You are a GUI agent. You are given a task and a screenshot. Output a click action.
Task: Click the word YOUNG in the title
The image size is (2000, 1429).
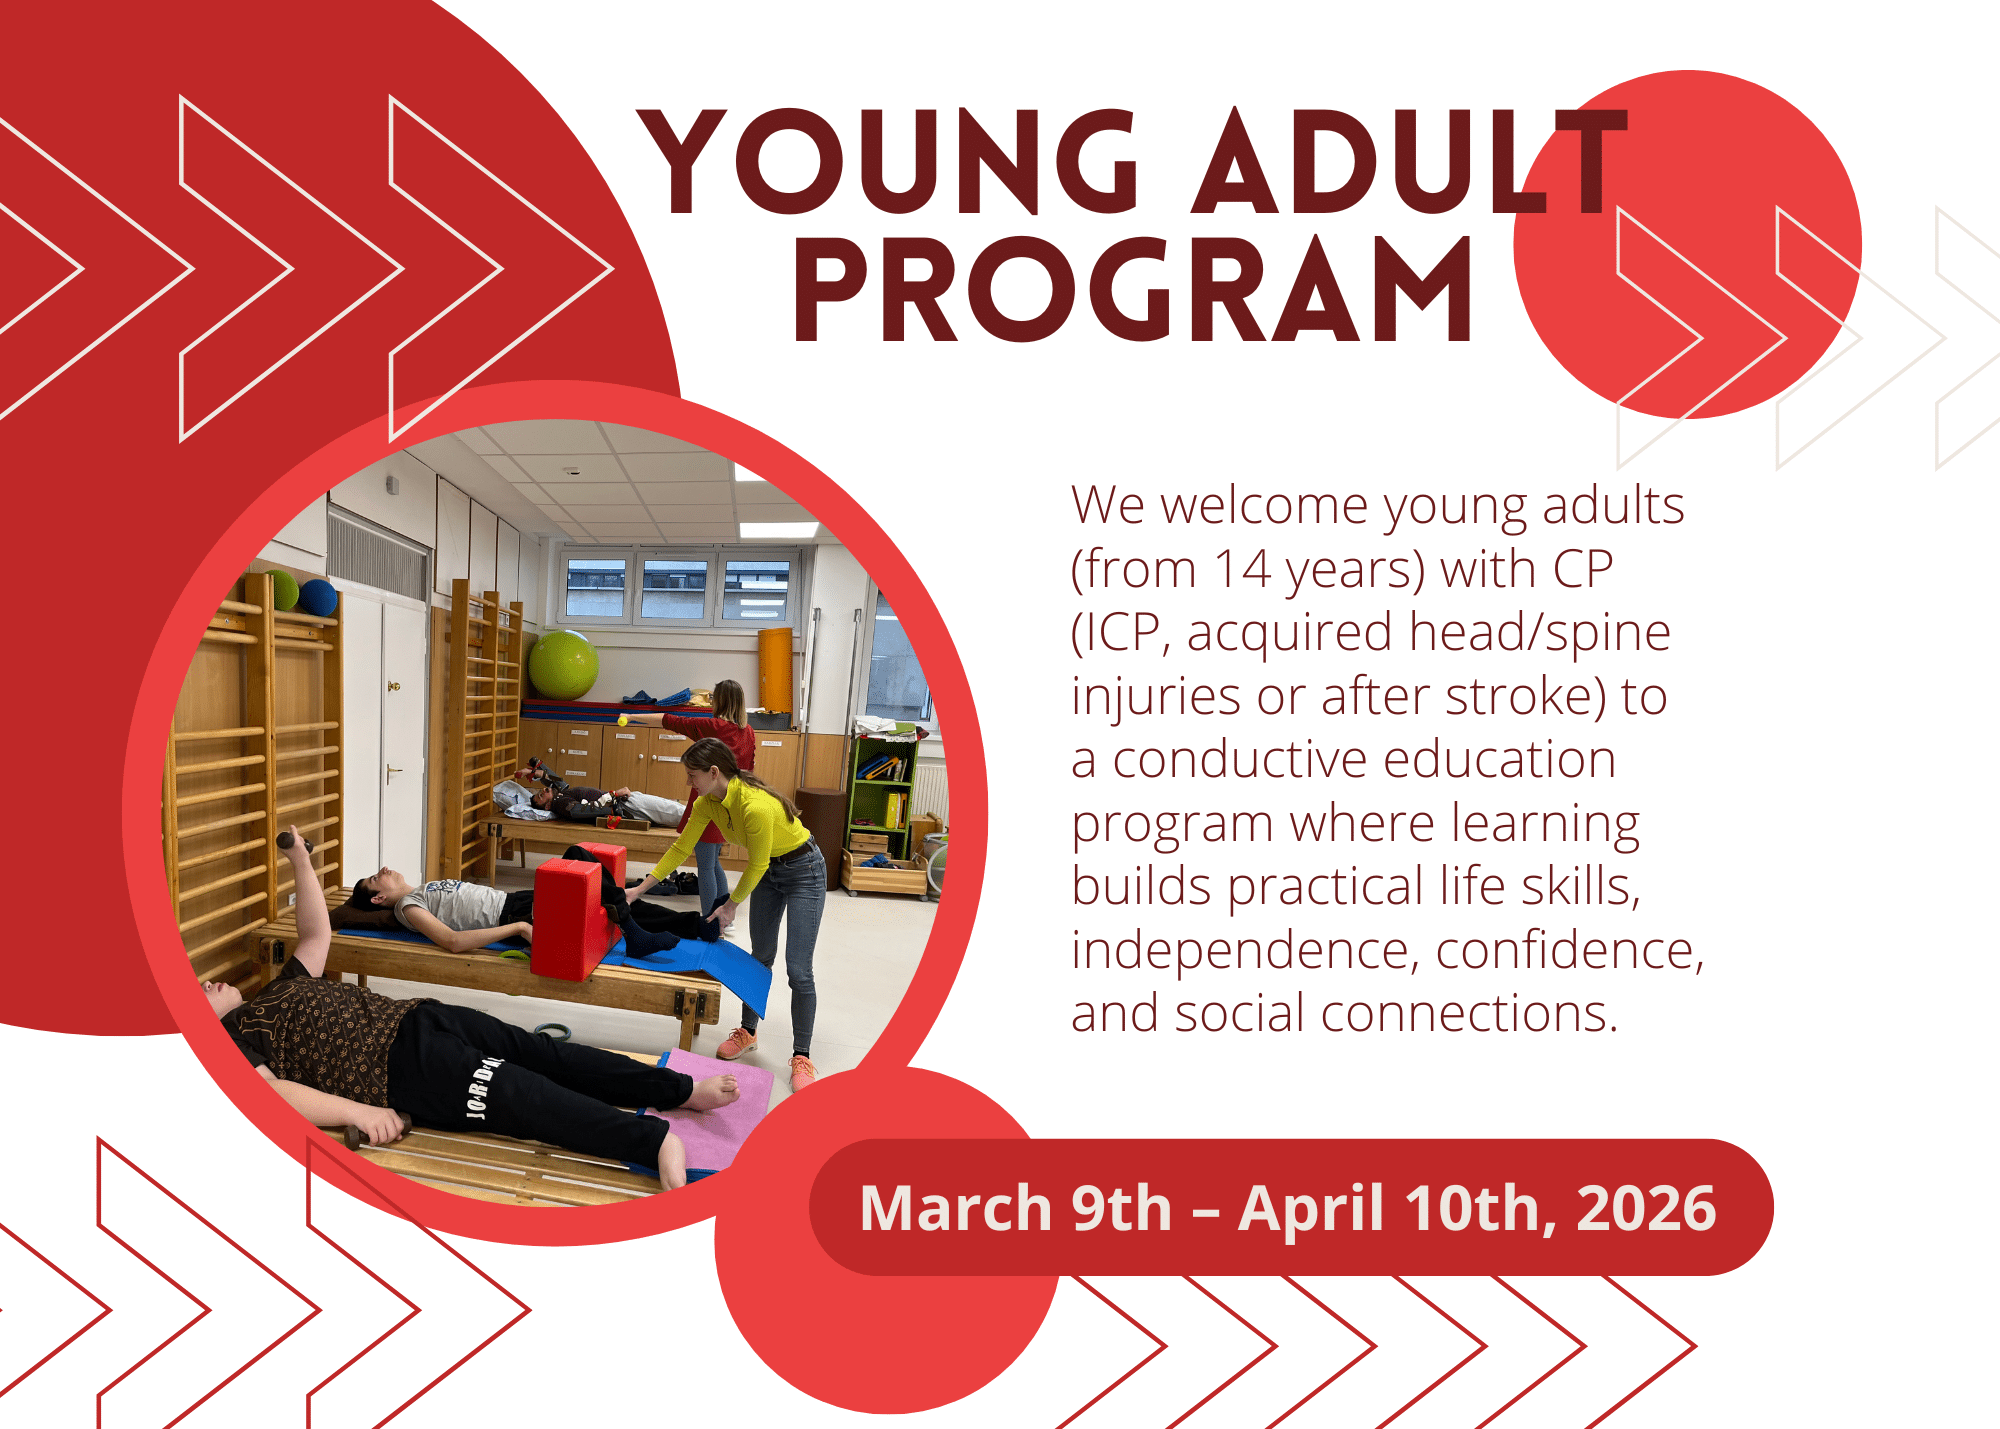888,161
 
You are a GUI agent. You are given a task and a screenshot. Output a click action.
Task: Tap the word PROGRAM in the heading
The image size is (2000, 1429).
1133,290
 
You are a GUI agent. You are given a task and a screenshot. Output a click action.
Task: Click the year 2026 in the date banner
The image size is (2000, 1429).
1646,1208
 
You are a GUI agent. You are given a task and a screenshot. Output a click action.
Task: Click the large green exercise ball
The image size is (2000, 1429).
563,664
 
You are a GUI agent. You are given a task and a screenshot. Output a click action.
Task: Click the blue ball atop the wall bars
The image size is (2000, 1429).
319,598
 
